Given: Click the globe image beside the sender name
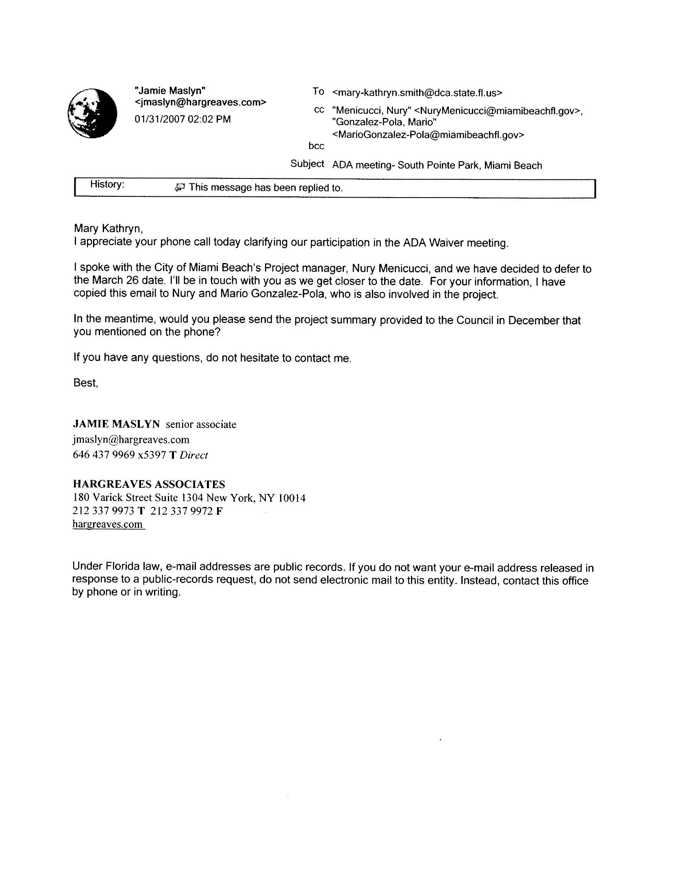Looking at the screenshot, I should click(92, 113).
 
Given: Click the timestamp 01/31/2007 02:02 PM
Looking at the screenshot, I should click(183, 119).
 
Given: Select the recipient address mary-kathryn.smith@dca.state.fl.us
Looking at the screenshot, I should click(417, 93).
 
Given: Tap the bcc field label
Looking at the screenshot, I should click(316, 146).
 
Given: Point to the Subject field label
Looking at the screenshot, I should click(307, 164).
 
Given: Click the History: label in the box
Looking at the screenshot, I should click(107, 185).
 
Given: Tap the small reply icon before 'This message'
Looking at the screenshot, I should click(179, 187).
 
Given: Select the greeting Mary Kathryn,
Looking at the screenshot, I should click(108, 228).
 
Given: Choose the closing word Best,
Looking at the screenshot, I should click(85, 383).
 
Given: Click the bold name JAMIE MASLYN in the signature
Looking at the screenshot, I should click(116, 424).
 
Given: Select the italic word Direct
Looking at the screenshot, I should click(193, 455).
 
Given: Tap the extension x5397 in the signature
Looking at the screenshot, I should click(152, 455).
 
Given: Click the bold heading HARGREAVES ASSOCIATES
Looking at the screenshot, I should click(149, 484).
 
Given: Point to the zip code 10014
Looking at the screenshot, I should click(291, 498).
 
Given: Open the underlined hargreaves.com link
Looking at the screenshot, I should click(108, 524).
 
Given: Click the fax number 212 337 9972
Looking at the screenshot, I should click(181, 511).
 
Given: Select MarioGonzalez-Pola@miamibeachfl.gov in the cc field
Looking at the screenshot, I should click(428, 135).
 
